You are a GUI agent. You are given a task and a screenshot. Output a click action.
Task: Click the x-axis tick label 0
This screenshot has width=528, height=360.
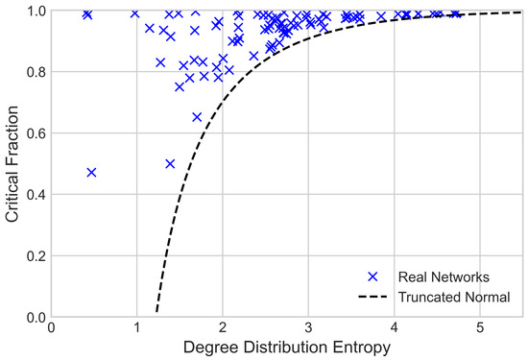52,327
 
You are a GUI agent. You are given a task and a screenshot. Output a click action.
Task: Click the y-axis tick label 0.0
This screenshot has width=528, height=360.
35,317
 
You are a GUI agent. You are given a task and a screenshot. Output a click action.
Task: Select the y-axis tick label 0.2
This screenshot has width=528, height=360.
35,256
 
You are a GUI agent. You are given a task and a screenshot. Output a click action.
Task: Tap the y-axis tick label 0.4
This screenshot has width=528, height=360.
35,195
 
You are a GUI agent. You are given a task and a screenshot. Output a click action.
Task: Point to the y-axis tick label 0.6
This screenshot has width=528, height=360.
35,133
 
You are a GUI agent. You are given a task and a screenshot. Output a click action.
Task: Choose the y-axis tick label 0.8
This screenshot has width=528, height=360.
35,72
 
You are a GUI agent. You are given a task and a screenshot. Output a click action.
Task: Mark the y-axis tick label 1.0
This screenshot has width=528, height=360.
35,11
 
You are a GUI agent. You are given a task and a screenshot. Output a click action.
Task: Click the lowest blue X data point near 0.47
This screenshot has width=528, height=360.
91,173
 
